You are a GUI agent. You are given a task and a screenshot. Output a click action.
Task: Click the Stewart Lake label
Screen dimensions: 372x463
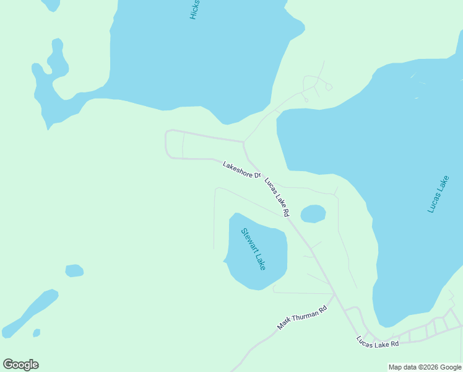253,249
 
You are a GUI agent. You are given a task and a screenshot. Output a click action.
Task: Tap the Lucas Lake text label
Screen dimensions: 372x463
438,195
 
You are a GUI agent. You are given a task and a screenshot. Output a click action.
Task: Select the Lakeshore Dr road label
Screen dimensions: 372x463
241,170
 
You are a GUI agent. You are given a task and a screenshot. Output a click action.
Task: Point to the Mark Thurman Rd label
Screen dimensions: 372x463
301,318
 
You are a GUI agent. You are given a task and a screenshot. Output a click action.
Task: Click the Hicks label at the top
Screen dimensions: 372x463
195,10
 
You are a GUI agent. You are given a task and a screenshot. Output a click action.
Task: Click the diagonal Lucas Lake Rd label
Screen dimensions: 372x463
277,197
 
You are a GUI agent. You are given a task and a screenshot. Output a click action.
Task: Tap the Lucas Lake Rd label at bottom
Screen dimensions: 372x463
378,341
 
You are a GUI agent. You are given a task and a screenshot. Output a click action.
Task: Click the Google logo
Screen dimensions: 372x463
20,365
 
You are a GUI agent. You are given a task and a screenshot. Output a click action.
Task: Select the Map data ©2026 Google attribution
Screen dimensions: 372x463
425,367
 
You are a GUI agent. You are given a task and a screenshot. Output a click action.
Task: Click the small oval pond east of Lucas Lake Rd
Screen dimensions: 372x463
313,214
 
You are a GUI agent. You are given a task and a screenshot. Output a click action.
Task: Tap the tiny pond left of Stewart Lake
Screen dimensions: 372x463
74,271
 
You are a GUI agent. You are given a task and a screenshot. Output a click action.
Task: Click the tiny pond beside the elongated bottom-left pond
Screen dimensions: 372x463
37,333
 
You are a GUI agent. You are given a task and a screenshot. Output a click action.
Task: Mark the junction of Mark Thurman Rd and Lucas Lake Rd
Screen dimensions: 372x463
334,294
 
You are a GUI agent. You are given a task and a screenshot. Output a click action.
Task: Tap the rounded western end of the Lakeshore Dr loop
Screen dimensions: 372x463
167,144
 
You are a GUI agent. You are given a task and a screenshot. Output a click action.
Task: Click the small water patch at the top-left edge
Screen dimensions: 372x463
51,4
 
